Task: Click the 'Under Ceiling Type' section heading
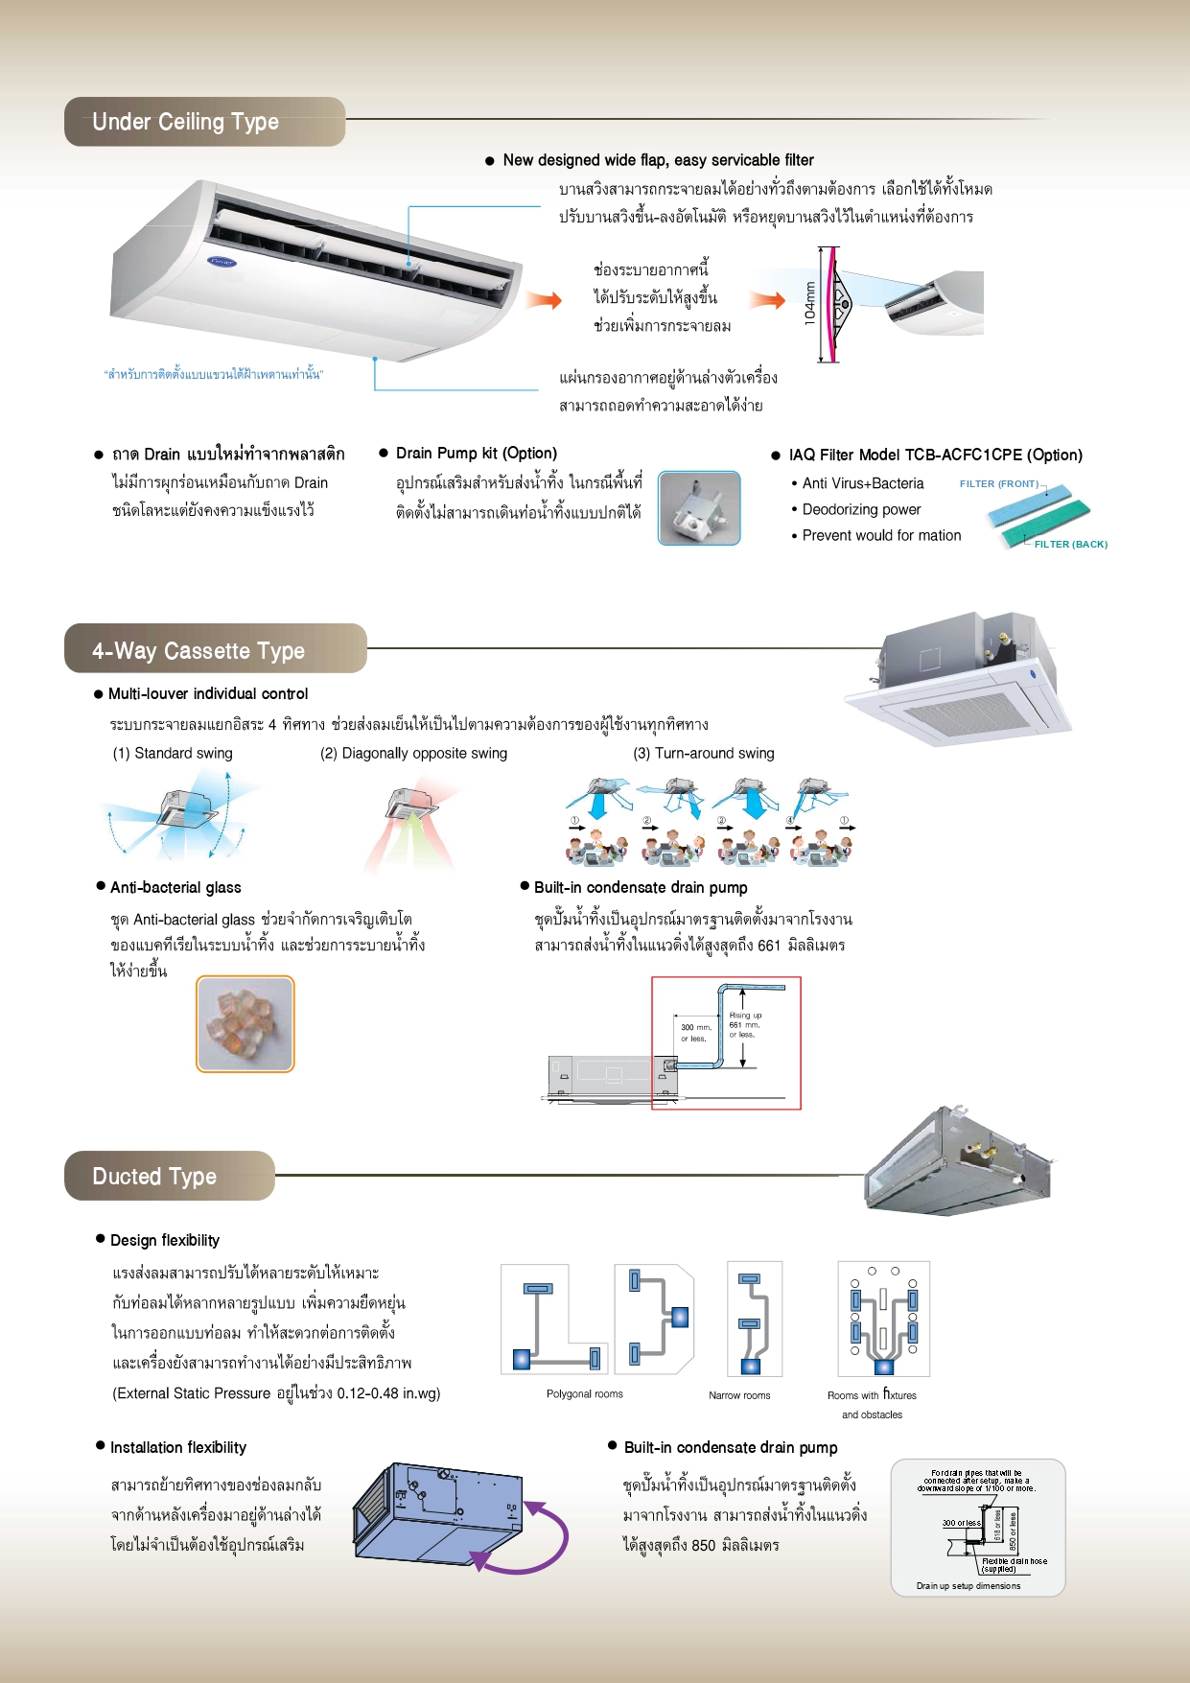[x=186, y=122]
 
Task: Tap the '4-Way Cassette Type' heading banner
[x=198, y=651]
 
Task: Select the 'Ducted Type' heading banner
[x=154, y=1177]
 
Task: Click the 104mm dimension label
[x=810, y=304]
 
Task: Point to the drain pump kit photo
[x=699, y=508]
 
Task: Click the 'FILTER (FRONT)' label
[x=998, y=484]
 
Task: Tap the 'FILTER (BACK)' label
[x=1070, y=544]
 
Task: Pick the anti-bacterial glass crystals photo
[x=245, y=1024]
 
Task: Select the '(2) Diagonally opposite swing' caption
[x=414, y=754]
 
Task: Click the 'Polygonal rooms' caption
[x=585, y=1394]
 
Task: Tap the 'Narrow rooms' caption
[x=739, y=1395]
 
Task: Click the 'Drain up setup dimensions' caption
[x=968, y=1586]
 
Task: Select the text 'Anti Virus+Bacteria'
[x=863, y=483]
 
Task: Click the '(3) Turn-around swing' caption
[x=705, y=754]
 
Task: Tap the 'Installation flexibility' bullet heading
[x=178, y=1447]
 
